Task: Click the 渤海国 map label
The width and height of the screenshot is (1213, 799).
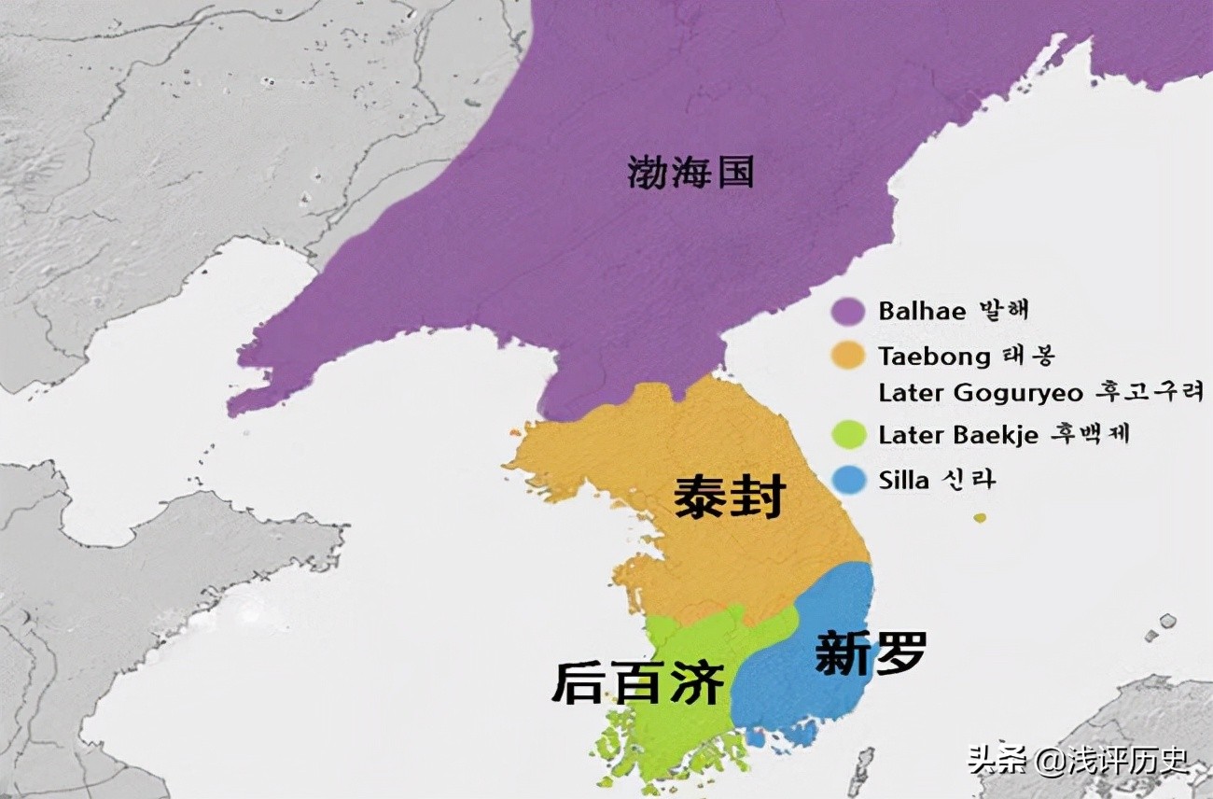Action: coord(690,173)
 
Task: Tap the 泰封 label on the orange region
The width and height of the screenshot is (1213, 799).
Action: coord(730,497)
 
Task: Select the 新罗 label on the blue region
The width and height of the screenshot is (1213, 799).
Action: coord(871,652)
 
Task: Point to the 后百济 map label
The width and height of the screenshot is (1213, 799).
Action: coord(638,682)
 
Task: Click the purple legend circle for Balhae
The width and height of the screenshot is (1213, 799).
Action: coord(849,311)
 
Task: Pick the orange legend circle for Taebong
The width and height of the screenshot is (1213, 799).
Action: coord(849,356)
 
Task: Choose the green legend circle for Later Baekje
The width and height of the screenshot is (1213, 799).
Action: coord(849,435)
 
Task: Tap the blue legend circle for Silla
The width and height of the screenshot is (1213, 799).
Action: coord(849,480)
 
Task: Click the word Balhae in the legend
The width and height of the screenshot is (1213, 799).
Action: coord(922,311)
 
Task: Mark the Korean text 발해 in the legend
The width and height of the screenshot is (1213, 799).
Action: coord(1004,311)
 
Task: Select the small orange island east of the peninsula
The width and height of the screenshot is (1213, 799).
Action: coord(979,517)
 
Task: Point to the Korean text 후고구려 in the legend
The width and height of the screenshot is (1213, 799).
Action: coord(1153,393)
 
